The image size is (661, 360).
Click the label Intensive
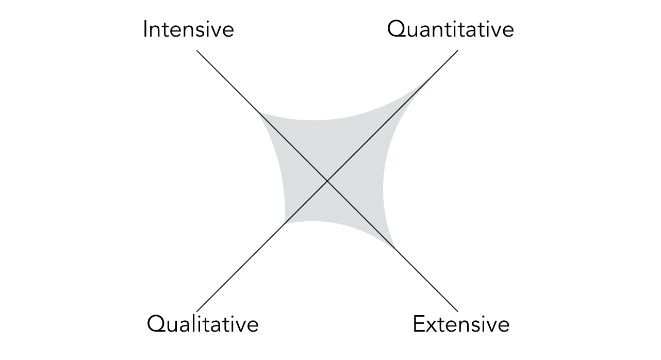pos(188,29)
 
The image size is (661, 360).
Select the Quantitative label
pos(450,29)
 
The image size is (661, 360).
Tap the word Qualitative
pos(203,324)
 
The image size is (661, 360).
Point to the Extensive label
pos(461,324)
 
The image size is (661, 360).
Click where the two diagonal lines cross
pos(327,181)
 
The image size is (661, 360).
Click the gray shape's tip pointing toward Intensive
pos(259,112)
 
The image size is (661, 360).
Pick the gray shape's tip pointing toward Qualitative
pos(285,223)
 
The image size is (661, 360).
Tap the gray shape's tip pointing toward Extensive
pos(395,249)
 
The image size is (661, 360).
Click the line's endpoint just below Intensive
pos(197,51)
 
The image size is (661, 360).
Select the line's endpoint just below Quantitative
pos(457,51)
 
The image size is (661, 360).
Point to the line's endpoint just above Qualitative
pos(197,311)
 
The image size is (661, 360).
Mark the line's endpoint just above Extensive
pos(457,311)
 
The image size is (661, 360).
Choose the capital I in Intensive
pos(145,29)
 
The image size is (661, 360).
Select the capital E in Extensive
pos(419,324)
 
